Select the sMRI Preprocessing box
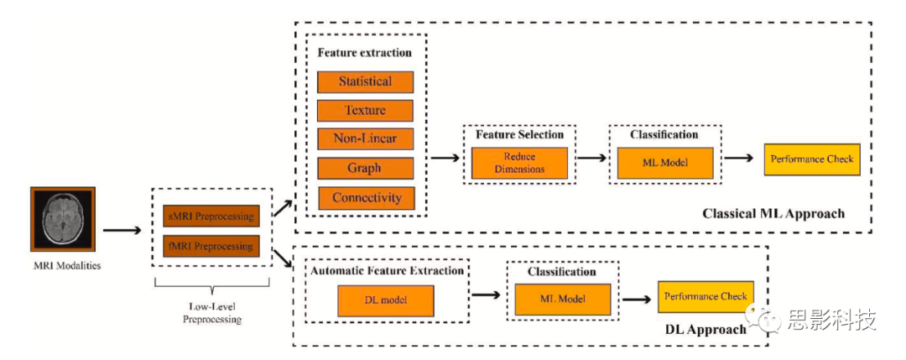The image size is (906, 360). click(211, 217)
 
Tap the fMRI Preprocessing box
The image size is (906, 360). click(211, 247)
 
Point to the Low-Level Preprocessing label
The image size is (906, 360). click(211, 312)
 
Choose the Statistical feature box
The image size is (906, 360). click(365, 81)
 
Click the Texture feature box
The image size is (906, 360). click(365, 110)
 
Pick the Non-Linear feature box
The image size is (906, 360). click(365, 138)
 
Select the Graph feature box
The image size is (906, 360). click(365, 168)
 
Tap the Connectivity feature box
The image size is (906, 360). click(365, 198)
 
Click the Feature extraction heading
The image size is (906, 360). click(364, 52)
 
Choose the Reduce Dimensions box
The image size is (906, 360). click(519, 163)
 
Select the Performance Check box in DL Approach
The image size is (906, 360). click(705, 296)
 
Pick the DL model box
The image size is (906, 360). click(385, 300)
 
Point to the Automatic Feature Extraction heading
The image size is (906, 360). click(387, 271)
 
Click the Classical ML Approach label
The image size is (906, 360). click(773, 214)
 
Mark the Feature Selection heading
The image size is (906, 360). click(519, 134)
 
